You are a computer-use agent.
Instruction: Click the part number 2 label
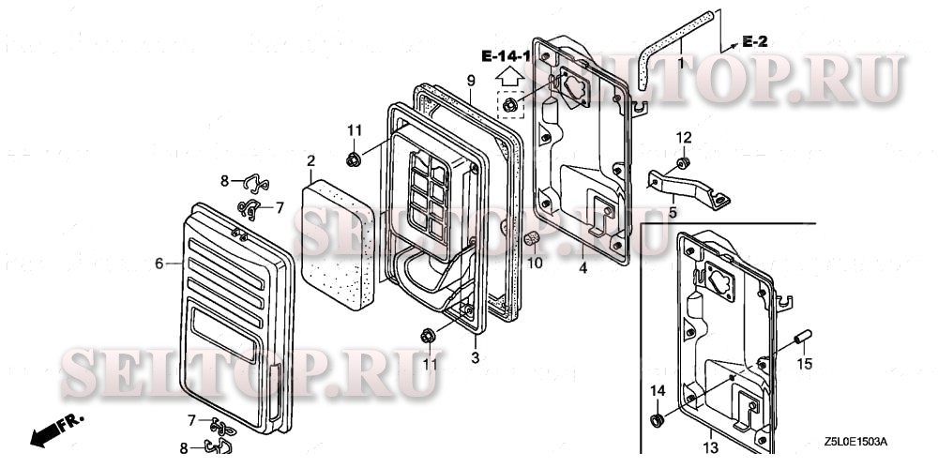pyautogui.click(x=310, y=161)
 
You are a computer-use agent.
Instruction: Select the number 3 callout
pyautogui.click(x=475, y=357)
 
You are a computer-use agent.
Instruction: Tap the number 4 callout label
pyautogui.click(x=582, y=267)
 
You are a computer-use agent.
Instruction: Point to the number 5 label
pyautogui.click(x=672, y=212)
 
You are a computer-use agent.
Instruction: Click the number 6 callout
pyautogui.click(x=159, y=264)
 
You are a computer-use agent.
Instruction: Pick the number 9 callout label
pyautogui.click(x=471, y=79)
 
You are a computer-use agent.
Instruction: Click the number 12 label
pyautogui.click(x=684, y=137)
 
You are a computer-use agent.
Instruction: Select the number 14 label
pyautogui.click(x=658, y=390)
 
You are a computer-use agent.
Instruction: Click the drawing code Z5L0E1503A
pyautogui.click(x=855, y=441)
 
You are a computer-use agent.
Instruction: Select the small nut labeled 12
pyautogui.click(x=684, y=164)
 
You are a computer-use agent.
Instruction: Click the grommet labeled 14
pyautogui.click(x=657, y=417)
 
